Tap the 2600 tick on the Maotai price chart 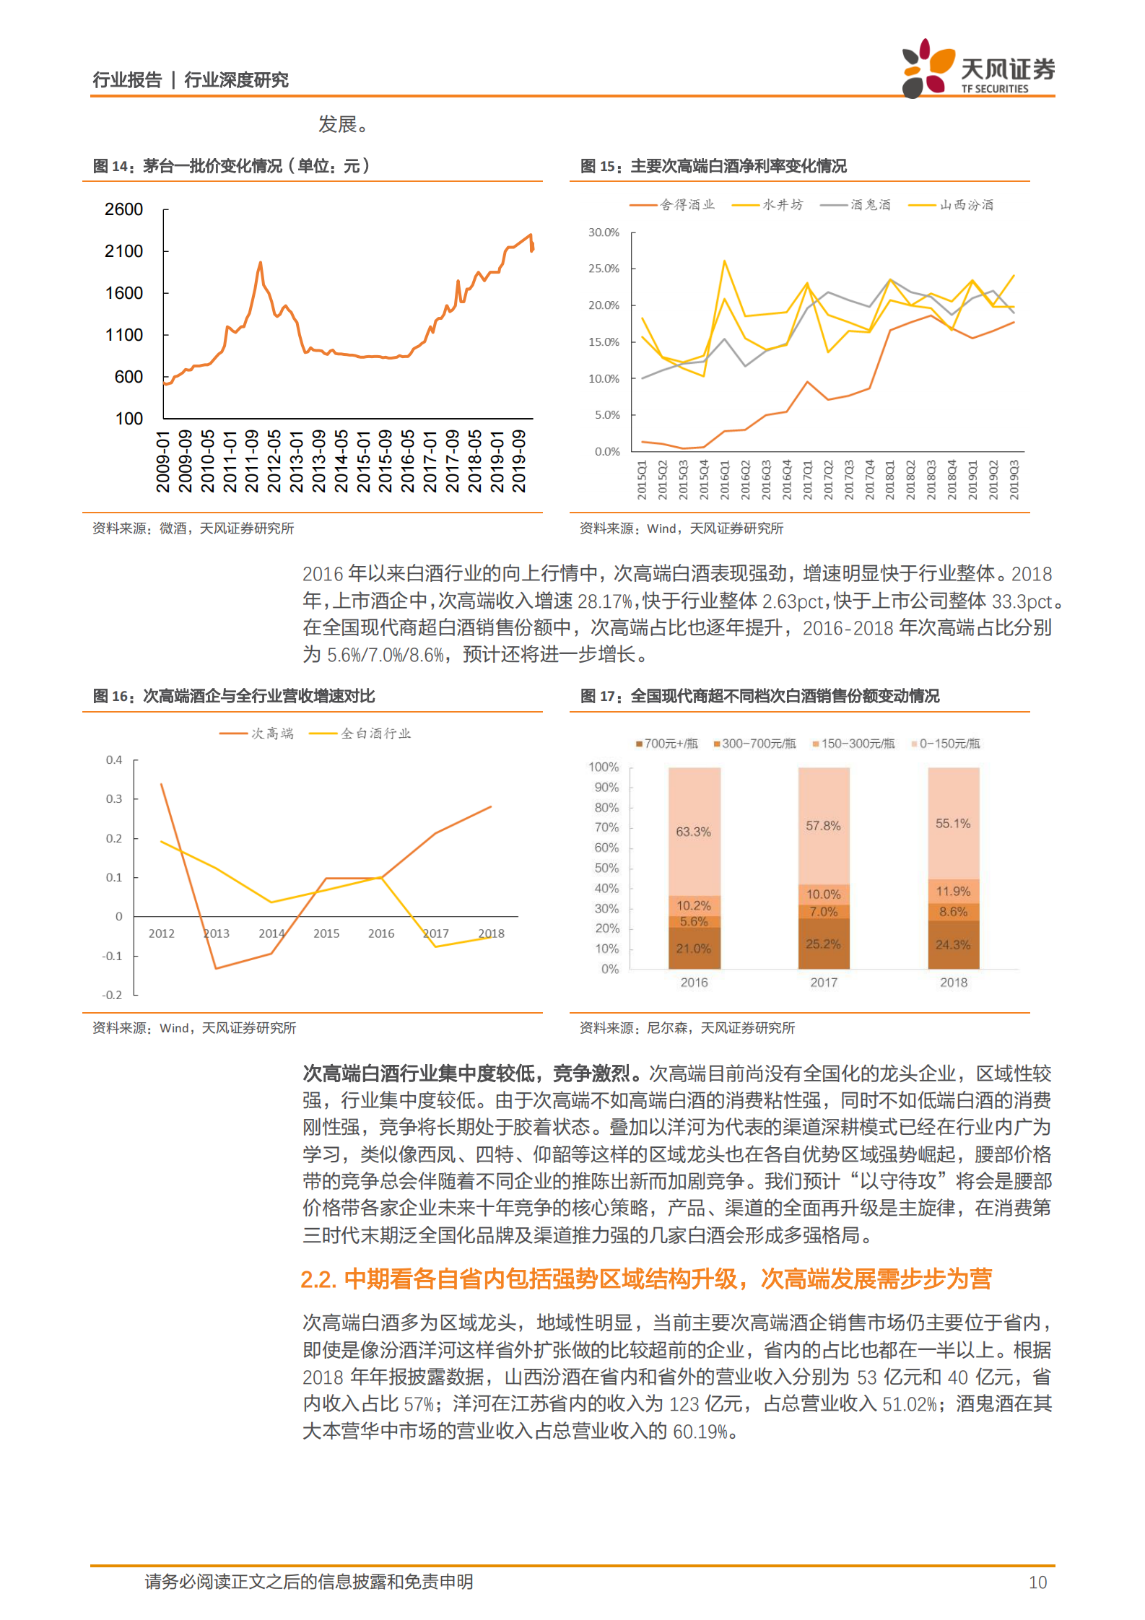tap(123, 209)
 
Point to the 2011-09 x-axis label tap(252, 461)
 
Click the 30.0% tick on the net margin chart tap(604, 232)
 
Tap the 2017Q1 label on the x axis tap(808, 479)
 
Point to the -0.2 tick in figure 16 tap(112, 995)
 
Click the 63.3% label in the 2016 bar tap(693, 832)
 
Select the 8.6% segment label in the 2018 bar tap(953, 912)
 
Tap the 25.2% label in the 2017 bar tap(823, 944)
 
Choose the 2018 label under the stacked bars tap(953, 983)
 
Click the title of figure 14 tap(231, 166)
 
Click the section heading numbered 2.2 tap(645, 1279)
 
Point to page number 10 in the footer tap(1037, 1582)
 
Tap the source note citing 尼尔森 tap(687, 1027)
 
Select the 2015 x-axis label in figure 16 tap(326, 933)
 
